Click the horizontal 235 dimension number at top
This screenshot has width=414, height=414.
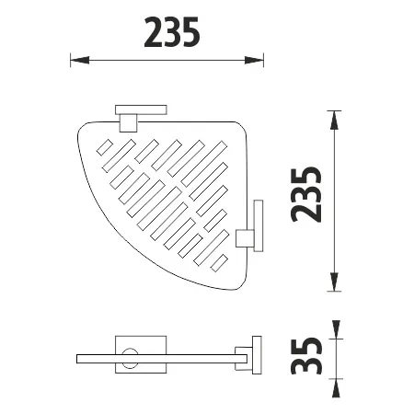pyautogui.click(x=172, y=32)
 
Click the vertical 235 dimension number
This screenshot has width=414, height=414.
pyautogui.click(x=306, y=194)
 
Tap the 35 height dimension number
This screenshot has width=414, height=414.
pyautogui.click(x=306, y=356)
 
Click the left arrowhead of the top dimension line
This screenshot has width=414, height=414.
pyautogui.click(x=80, y=60)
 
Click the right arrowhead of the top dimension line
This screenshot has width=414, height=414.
pyautogui.click(x=254, y=60)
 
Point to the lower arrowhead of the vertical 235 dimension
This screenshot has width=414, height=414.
pyautogui.click(x=334, y=282)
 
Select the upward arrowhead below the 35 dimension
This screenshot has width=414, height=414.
pyautogui.click(x=336, y=388)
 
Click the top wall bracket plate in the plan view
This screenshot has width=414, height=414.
pyautogui.click(x=141, y=109)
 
